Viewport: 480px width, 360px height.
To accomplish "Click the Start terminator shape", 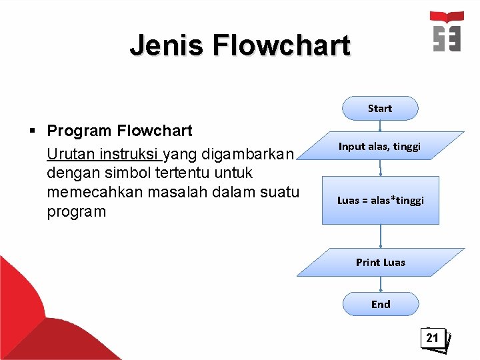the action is click(x=380, y=108).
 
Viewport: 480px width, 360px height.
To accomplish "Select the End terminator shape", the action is click(x=381, y=304).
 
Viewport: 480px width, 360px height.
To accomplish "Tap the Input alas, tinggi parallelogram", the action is click(x=379, y=146).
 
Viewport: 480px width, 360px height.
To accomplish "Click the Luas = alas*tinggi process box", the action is click(x=381, y=200).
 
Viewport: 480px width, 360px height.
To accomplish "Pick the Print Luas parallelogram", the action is click(x=381, y=262).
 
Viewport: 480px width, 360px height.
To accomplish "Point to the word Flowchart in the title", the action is click(x=281, y=45).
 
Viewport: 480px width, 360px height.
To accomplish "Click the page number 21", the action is click(x=433, y=338).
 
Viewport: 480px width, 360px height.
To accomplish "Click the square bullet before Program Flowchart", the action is click(x=32, y=131).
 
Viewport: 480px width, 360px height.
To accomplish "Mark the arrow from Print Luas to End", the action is click(x=381, y=284).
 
